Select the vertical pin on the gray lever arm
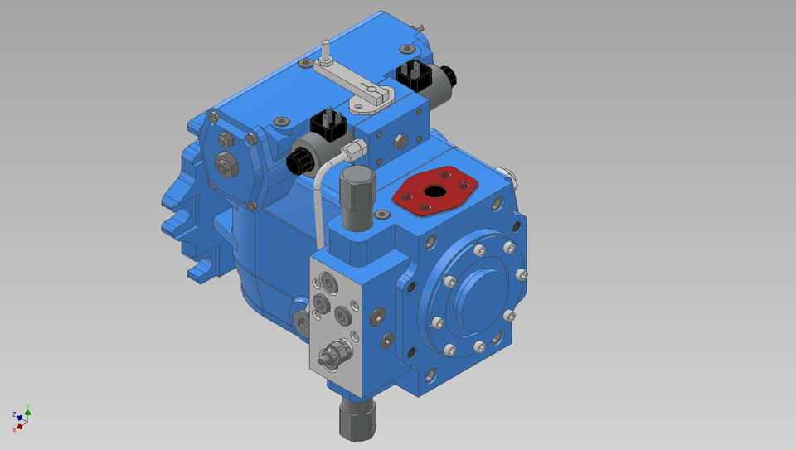(x=326, y=52)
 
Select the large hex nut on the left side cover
(x=222, y=162)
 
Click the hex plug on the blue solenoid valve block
(x=399, y=140)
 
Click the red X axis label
(x=14, y=429)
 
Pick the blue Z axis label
(x=14, y=414)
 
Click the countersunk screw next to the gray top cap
(x=381, y=215)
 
